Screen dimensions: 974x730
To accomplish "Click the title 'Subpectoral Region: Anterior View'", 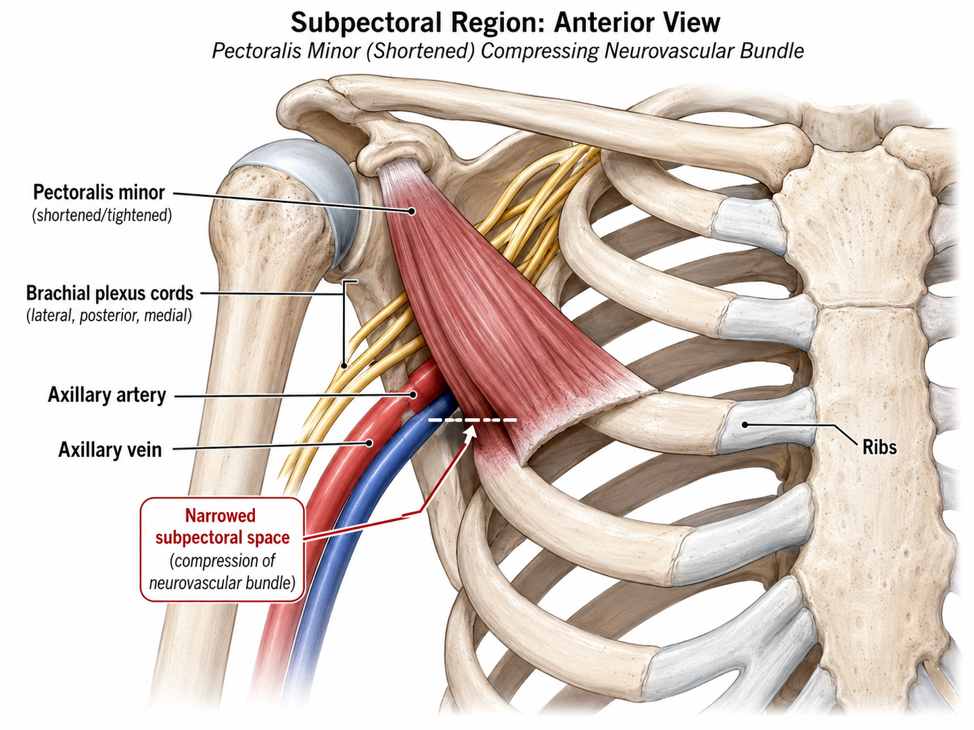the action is tap(505, 23).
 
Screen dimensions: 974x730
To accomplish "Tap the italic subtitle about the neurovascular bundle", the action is tap(508, 51).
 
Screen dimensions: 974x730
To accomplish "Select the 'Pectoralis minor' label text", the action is tap(99, 192).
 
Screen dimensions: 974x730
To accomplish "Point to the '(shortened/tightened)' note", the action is tap(102, 215).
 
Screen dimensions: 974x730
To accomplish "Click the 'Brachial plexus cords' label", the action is tap(110, 293).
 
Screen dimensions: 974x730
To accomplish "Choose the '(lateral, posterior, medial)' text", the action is tap(109, 315).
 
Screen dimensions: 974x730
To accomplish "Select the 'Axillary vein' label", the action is tap(110, 450).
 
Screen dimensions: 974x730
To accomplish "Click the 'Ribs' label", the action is tap(879, 447).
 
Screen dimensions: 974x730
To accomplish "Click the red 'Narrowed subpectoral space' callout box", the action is tap(223, 549).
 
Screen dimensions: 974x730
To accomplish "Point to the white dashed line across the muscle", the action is tap(473, 419).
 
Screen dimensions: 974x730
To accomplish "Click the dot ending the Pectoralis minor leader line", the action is tap(412, 212).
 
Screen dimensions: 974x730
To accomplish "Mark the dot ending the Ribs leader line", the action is tap(745, 425).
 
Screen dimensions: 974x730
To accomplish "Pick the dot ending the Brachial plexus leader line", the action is tap(344, 366).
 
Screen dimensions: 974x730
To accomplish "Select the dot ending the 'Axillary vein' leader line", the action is tap(369, 442).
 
